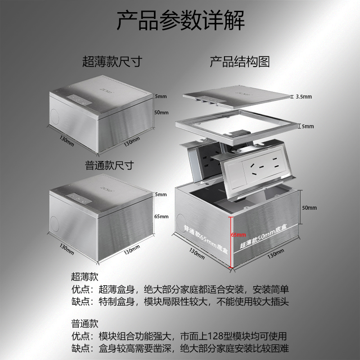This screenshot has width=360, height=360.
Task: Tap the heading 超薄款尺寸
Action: [112, 62]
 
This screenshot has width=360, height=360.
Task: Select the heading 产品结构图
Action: [239, 62]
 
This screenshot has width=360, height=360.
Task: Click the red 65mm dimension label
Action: [238, 234]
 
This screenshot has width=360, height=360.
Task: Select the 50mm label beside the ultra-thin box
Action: [161, 112]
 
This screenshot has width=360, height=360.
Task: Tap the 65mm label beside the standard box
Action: [161, 216]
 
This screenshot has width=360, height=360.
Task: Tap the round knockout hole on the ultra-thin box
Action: [54, 114]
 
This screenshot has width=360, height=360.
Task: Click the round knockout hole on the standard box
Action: [54, 223]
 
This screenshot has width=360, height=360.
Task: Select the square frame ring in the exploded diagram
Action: [236, 124]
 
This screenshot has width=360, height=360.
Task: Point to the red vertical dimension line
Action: [231, 243]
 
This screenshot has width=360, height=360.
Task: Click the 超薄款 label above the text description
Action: [85, 277]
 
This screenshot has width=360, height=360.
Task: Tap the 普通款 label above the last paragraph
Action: [85, 324]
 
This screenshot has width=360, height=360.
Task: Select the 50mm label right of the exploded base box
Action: [310, 208]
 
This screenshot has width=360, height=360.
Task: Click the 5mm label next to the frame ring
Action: [308, 126]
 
